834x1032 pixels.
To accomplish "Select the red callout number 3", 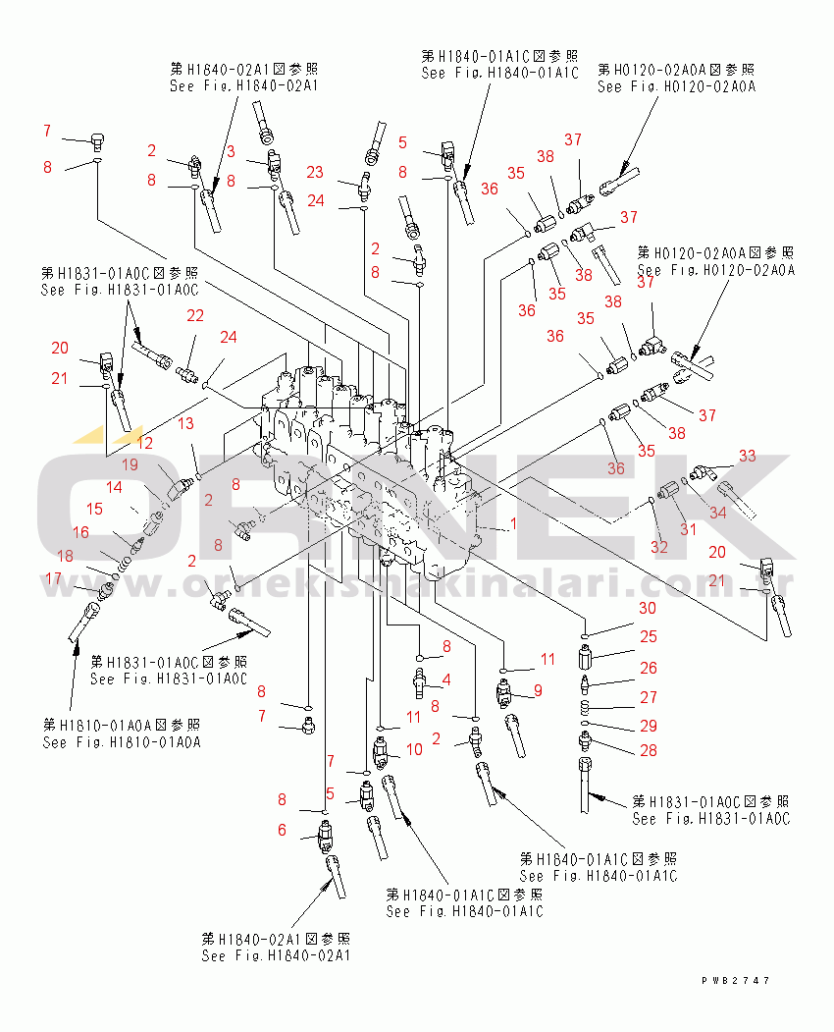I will pyautogui.click(x=231, y=150).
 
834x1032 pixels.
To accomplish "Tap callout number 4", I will pyautogui.click(x=446, y=679).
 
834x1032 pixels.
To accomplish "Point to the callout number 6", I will pyautogui.click(x=282, y=830).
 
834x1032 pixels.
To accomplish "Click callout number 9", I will pyautogui.click(x=537, y=690).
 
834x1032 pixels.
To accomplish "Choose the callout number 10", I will pyautogui.click(x=414, y=749).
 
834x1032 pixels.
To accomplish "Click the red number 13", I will pyautogui.click(x=184, y=423).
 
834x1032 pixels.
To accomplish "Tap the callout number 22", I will pyautogui.click(x=196, y=315).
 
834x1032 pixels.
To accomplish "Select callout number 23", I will pyautogui.click(x=314, y=173).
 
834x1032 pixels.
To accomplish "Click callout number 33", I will pyautogui.click(x=748, y=456).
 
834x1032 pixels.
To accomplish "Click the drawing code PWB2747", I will pyautogui.click(x=736, y=980).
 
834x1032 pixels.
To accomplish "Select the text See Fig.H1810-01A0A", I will pyautogui.click(x=122, y=742).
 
